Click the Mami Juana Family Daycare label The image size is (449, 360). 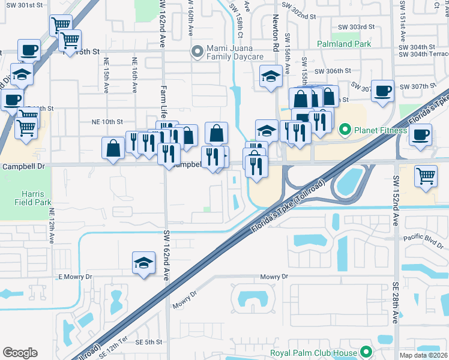(x=235, y=52)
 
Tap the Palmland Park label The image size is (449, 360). (x=345, y=43)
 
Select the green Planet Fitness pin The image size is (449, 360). (x=345, y=129)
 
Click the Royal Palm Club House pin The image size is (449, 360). (x=366, y=353)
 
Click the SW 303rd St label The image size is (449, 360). (x=357, y=27)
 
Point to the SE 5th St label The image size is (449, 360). (x=149, y=342)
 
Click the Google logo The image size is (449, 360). (x=20, y=353)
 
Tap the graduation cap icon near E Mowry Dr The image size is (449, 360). (x=143, y=263)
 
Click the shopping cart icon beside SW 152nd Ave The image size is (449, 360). (x=426, y=176)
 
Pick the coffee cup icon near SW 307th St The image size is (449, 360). (x=382, y=91)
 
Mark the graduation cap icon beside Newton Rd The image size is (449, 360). (x=271, y=76)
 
